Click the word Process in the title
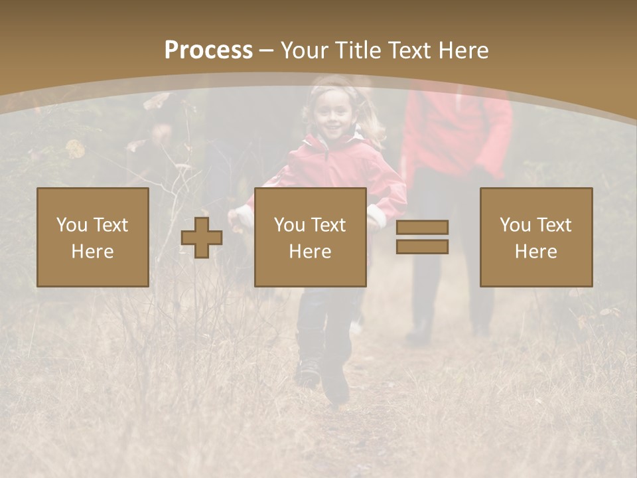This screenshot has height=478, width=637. click(x=208, y=50)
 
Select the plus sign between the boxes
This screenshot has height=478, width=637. click(x=202, y=238)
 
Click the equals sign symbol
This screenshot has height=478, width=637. click(x=422, y=237)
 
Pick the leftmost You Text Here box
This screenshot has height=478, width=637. click(x=93, y=237)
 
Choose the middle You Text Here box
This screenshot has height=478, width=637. click(x=310, y=237)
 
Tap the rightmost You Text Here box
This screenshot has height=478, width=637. click(x=536, y=237)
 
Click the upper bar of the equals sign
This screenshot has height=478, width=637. click(x=422, y=227)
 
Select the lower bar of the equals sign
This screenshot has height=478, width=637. click(x=422, y=247)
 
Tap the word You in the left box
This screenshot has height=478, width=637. click(x=72, y=224)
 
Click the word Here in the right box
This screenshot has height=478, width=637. click(x=536, y=252)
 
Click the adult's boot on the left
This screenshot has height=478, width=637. click(x=419, y=332)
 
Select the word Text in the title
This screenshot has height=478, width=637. click(x=406, y=50)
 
